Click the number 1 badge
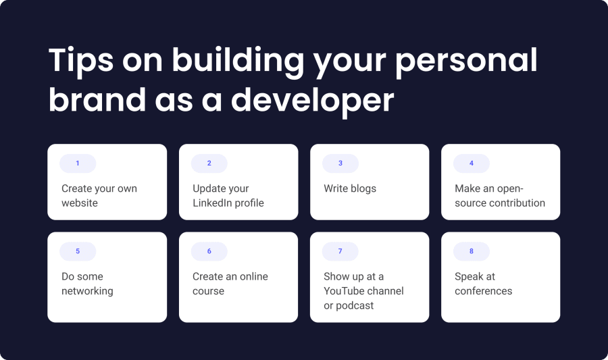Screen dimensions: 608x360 tap(78, 163)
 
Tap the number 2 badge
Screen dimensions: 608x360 tap(209, 163)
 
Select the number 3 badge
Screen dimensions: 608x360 tap(340, 163)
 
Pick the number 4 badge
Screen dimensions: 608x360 tap(471, 163)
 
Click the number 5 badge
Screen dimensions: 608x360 tap(78, 251)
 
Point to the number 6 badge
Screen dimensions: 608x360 tap(209, 251)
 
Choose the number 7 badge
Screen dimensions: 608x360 tap(340, 251)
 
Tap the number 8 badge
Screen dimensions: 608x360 tap(471, 251)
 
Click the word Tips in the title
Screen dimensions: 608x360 tap(81, 61)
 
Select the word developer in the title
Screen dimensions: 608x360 tap(313, 100)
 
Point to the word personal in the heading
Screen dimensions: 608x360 tap(466, 61)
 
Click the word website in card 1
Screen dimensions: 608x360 tap(80, 203)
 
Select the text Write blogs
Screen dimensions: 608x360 tap(350, 188)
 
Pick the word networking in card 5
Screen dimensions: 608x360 tap(87, 291)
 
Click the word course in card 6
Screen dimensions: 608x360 tap(208, 291)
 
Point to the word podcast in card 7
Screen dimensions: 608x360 tap(355, 305)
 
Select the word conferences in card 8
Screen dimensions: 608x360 tap(483, 290)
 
